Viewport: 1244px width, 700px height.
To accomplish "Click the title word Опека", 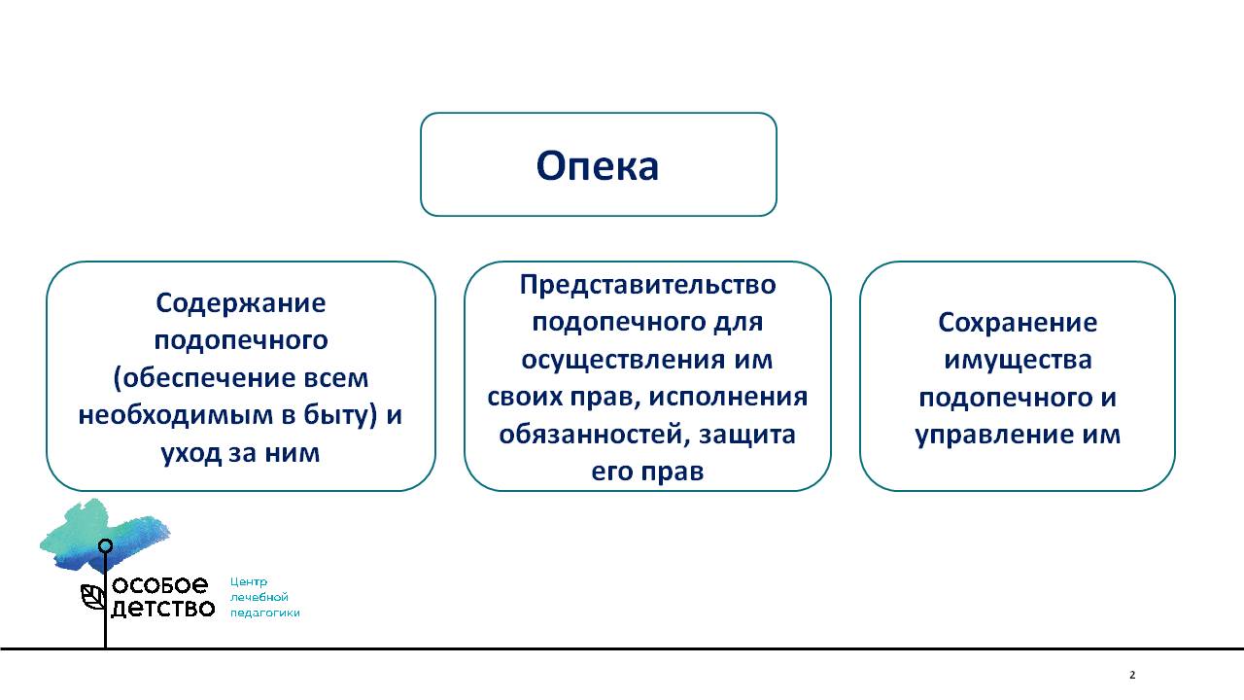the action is coord(598,166).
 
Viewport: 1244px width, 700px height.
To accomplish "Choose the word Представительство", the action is coord(647,286).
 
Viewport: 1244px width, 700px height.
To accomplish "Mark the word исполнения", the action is coord(728,397).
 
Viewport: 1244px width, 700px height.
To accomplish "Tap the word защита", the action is coord(747,435).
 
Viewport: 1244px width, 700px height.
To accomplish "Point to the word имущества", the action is coord(1018,360).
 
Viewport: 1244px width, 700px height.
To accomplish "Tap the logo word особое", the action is coord(160,584).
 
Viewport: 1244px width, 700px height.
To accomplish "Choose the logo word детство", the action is coord(162,609).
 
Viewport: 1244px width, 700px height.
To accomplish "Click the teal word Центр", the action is coord(249,581).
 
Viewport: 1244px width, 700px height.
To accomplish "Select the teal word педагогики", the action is coord(265,613).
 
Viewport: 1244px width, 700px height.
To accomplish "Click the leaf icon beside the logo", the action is coord(92,597).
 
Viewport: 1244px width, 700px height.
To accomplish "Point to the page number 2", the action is coord(1132,675).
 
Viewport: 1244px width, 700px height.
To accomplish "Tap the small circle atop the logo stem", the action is coord(106,546).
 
